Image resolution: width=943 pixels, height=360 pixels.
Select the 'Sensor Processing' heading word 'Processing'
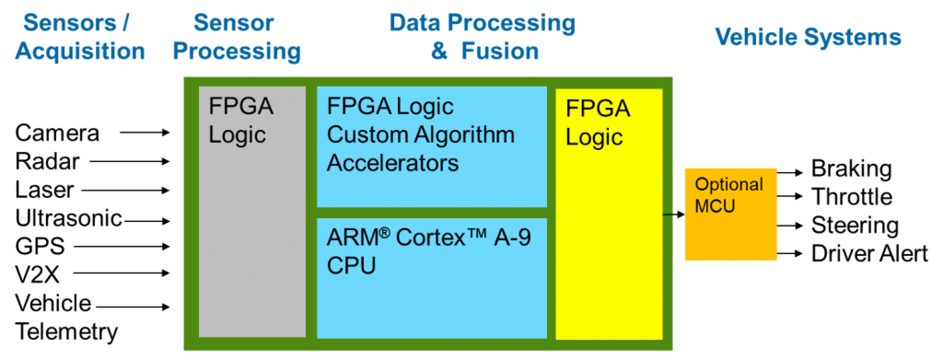[x=236, y=52]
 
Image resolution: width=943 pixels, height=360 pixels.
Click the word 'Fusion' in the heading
[x=500, y=52]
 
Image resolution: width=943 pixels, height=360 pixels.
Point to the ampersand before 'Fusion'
[x=439, y=52]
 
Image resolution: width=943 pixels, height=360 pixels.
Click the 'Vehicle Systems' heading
[x=808, y=37]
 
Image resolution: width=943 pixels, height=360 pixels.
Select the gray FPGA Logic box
[x=252, y=230]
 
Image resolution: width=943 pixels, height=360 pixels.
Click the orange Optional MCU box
[x=731, y=230]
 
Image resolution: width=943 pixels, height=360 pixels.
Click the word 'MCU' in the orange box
[x=715, y=206]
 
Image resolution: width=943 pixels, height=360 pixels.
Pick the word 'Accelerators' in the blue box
[x=392, y=163]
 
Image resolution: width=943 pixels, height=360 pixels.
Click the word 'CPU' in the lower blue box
[x=351, y=266]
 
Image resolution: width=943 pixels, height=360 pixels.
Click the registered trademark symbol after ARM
[x=385, y=232]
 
